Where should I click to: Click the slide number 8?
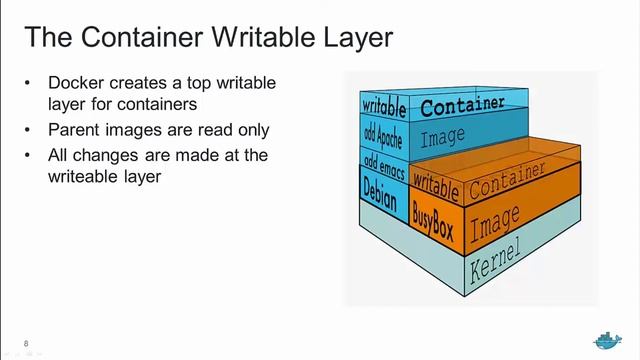[x=26, y=344]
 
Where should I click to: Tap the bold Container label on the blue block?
[x=460, y=108]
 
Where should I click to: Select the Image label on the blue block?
[x=443, y=138]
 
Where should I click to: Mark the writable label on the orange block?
[x=435, y=184]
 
